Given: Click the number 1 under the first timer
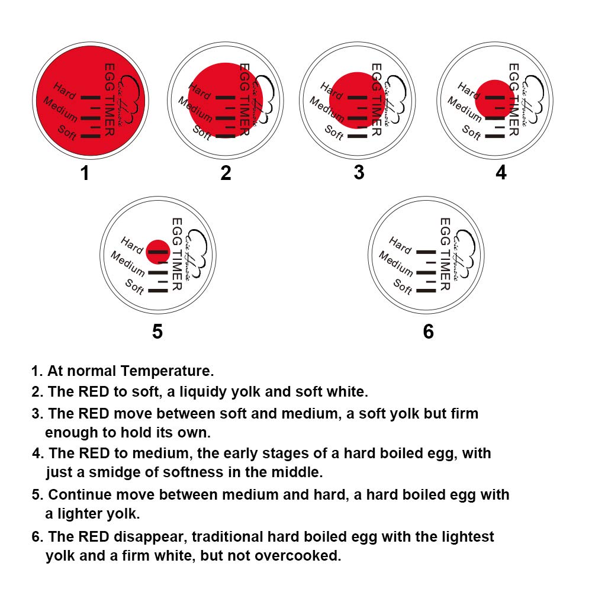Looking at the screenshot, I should pyautogui.click(x=85, y=173).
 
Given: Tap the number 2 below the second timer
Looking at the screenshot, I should pyautogui.click(x=226, y=173).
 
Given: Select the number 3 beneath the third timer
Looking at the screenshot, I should pyautogui.click(x=359, y=173).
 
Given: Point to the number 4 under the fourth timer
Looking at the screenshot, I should pyautogui.click(x=501, y=173).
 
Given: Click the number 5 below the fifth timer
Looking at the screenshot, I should pyautogui.click(x=157, y=332).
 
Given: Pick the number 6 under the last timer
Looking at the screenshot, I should pyautogui.click(x=428, y=332).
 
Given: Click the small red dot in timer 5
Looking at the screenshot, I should pyautogui.click(x=157, y=251).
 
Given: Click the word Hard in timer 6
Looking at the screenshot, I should pyautogui.click(x=400, y=245).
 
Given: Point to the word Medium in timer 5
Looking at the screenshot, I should pyautogui.click(x=127, y=263).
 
